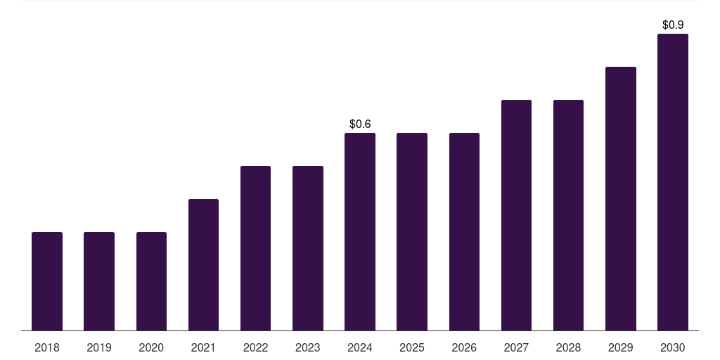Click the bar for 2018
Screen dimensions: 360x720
pos(47,281)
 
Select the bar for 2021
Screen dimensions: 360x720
pos(203,264)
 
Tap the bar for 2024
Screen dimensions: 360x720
pos(360,231)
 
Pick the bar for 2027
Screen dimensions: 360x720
pos(516,215)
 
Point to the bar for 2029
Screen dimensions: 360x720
pos(621,198)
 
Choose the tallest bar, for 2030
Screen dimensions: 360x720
pos(673,182)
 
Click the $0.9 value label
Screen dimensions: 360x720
pos(673,25)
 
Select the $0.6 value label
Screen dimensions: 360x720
pos(360,124)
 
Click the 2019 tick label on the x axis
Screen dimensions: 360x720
pos(99,347)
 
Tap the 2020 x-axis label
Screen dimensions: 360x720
pos(151,347)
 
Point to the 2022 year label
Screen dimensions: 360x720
pos(255,347)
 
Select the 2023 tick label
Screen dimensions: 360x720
pos(308,347)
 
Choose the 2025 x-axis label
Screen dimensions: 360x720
pos(412,347)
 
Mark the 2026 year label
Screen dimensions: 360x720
pos(464,347)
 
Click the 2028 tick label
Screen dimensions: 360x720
pos(568,347)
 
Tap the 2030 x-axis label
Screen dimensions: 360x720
pos(673,347)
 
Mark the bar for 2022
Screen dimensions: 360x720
pos(255,248)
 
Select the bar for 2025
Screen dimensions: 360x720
pos(412,231)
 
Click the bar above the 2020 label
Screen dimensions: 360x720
pos(151,281)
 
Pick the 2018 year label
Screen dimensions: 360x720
pos(47,347)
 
